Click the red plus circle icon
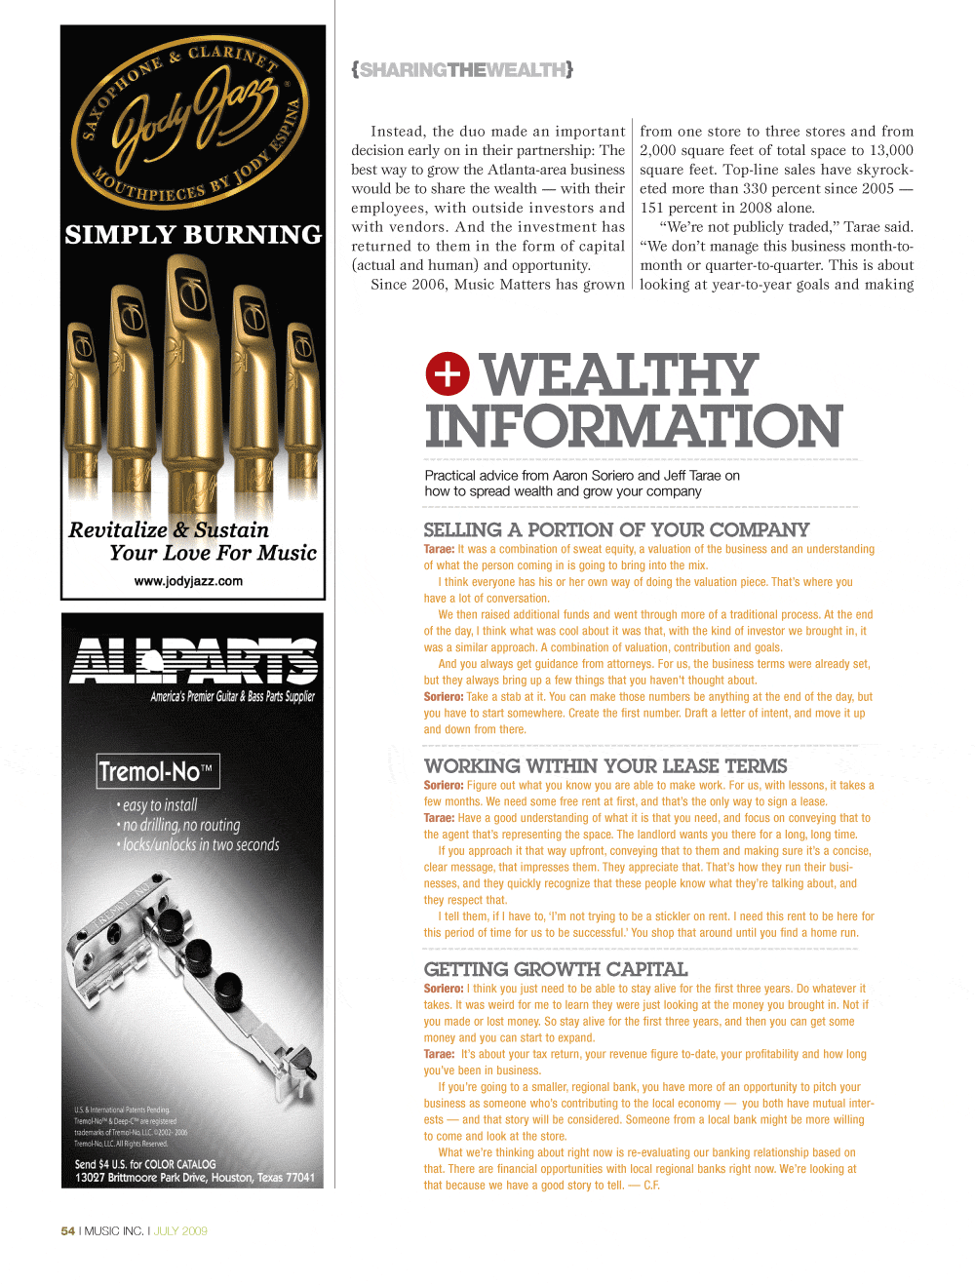[448, 374]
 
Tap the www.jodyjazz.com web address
[188, 581]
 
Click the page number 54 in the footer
[67, 1231]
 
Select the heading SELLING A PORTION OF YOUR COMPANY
[616, 529]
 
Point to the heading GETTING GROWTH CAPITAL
[556, 969]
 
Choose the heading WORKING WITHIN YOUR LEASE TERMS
[605, 766]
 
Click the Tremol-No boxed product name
[157, 772]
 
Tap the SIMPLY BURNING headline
[193, 235]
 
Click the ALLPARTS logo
[193, 660]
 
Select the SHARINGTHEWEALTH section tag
[462, 70]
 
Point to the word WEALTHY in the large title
[619, 375]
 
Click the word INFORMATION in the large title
[633, 427]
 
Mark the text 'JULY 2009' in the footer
[180, 1231]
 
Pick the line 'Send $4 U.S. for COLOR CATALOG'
[145, 1164]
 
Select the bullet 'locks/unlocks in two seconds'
[200, 845]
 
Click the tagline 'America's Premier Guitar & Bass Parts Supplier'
[232, 696]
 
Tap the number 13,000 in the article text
[891, 150]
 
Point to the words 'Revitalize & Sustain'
[169, 530]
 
